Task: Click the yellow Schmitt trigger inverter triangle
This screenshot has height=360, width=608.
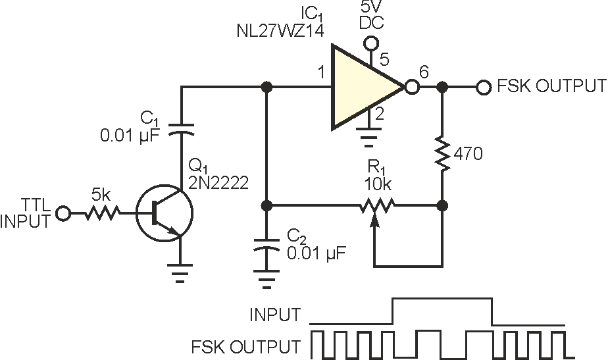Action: (x=362, y=87)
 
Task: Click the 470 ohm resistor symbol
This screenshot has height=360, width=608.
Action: (x=442, y=155)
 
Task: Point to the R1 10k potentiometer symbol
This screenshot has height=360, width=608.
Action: (x=376, y=206)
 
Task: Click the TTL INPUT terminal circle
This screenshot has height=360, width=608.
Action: (x=64, y=213)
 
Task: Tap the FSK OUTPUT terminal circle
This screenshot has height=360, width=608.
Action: (x=483, y=87)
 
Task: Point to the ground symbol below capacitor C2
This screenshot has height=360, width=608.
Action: (x=266, y=282)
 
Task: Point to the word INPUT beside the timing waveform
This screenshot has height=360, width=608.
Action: (x=274, y=315)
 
